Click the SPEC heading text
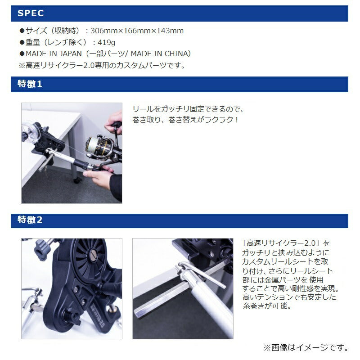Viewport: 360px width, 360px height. (x=31, y=13)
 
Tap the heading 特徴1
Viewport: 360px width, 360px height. (x=30, y=84)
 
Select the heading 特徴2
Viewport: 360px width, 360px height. (x=30, y=220)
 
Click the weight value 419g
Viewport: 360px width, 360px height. (x=106, y=42)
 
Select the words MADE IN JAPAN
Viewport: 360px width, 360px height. (x=54, y=54)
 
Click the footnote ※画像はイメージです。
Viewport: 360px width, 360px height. (x=306, y=347)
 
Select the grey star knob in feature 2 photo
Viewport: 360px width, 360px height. (x=42, y=250)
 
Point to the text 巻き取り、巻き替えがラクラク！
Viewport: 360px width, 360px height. (x=185, y=120)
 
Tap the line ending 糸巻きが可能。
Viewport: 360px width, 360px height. (x=267, y=306)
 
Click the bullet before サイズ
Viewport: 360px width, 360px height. (x=22, y=31)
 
